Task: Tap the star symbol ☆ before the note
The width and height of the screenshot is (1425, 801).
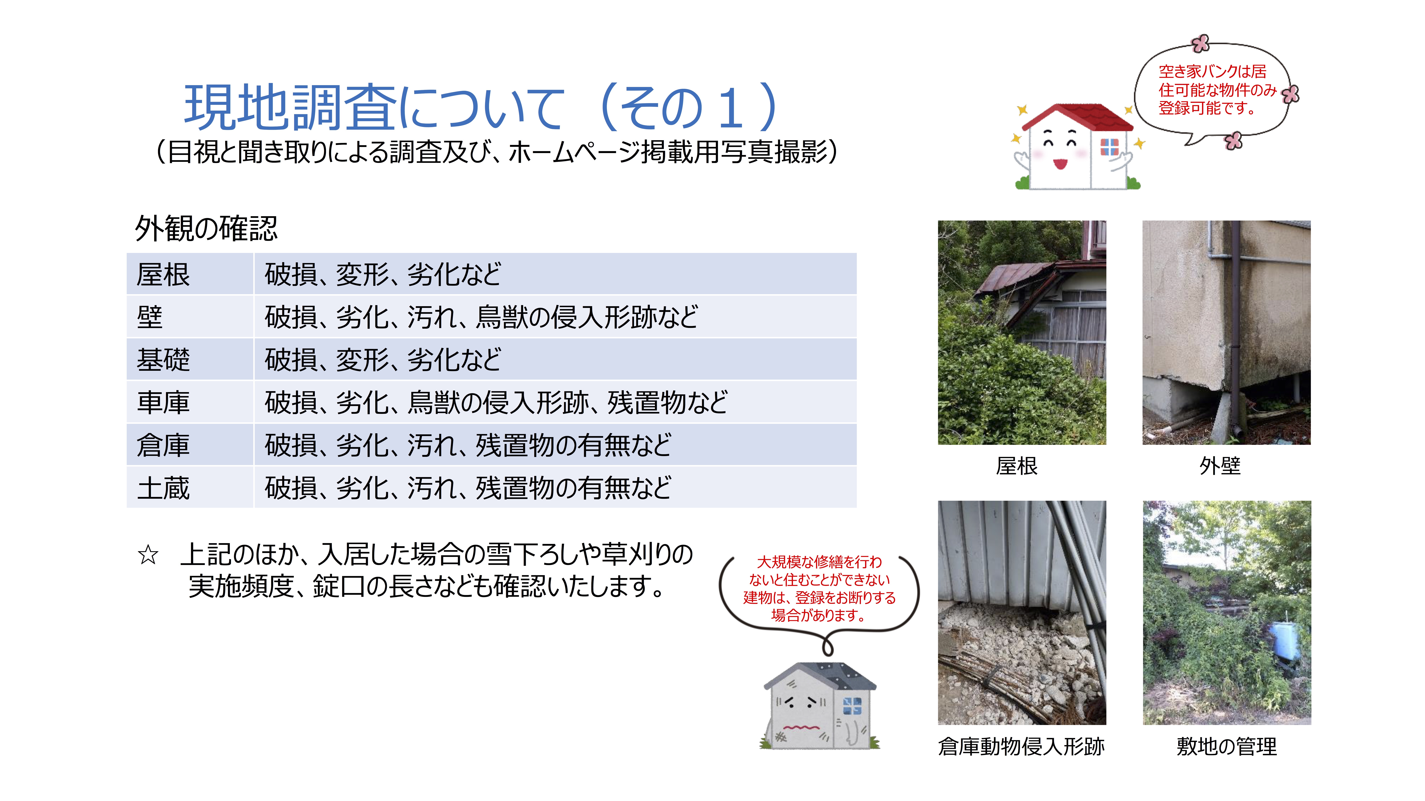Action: [148, 555]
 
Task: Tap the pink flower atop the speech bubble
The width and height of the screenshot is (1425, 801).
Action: [1200, 43]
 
